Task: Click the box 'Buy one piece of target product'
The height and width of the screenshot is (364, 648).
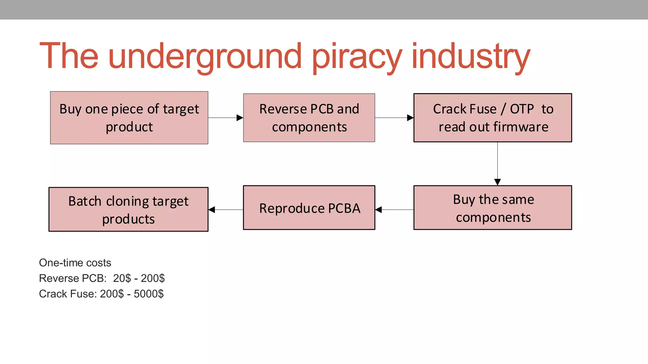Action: (x=129, y=118)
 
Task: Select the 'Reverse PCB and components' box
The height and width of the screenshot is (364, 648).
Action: (x=309, y=118)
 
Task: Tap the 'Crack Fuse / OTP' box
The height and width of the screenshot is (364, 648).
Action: (x=493, y=118)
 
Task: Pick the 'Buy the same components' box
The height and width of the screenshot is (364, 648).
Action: (x=493, y=208)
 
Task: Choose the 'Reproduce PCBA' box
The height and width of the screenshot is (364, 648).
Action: (x=309, y=208)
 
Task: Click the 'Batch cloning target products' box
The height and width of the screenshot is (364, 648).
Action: (x=128, y=209)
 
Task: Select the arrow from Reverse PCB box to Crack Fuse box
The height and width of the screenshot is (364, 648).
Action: (x=394, y=118)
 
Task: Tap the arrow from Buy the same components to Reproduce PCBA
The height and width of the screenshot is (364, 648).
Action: (x=394, y=209)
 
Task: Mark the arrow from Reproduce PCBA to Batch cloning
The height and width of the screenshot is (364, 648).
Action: (x=226, y=209)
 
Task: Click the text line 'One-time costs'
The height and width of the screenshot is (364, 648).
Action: (x=75, y=263)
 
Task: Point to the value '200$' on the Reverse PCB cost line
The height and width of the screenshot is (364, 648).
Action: (x=153, y=278)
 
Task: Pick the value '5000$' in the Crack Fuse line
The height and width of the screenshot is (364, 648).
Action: (x=148, y=294)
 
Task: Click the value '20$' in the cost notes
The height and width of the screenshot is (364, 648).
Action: (x=122, y=278)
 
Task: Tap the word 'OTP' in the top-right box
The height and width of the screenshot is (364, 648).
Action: (x=522, y=109)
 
